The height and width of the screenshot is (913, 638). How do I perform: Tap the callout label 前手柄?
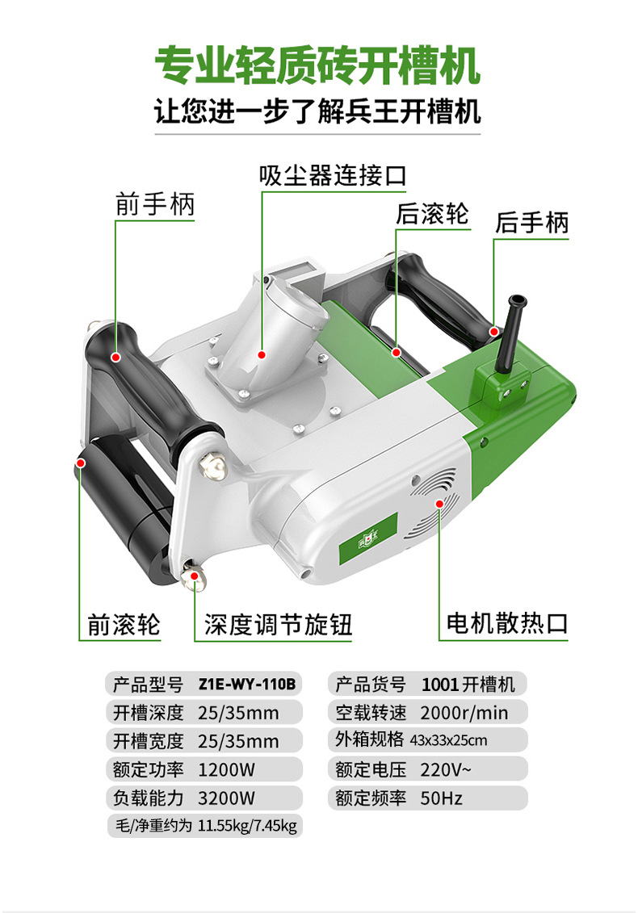coord(154,204)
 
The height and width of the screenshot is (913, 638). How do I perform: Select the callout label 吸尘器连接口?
coord(334,175)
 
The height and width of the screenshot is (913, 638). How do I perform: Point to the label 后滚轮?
coord(432,214)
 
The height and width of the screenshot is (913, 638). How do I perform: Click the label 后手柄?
coord(531,223)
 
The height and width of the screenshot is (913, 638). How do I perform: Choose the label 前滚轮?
coord(124,625)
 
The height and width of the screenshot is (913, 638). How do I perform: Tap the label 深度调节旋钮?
coord(278,625)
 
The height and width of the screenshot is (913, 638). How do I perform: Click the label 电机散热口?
coord(507,624)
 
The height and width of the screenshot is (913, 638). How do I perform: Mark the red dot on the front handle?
coord(116,357)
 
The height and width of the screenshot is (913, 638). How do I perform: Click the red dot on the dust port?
coord(262,354)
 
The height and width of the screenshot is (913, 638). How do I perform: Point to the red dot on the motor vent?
coord(440,502)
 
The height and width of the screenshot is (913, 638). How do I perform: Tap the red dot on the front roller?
coord(81,463)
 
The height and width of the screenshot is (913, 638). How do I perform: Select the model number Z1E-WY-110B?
coord(247,684)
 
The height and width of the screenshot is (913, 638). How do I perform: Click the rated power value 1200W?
coord(227,770)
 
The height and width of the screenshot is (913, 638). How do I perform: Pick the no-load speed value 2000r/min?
coord(464,713)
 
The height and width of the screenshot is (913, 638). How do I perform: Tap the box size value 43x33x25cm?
coord(449,740)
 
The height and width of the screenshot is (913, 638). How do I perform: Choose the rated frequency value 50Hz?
coord(442,798)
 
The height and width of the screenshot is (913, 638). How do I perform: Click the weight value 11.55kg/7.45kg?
coord(248,826)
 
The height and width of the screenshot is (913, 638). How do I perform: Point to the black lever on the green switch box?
coord(509,332)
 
